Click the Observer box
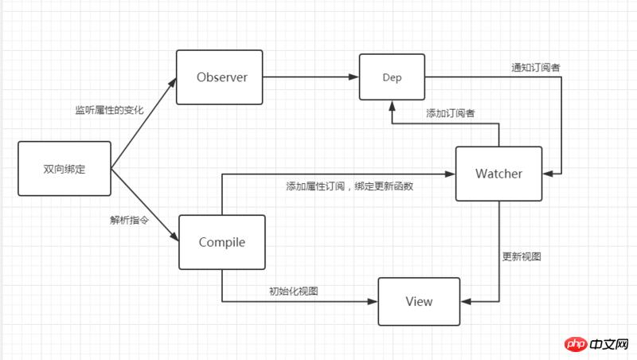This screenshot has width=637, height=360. (221, 77)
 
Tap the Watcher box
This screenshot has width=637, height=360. (498, 174)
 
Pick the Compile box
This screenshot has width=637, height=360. (221, 242)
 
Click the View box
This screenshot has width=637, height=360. (419, 302)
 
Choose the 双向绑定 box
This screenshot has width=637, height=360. (64, 169)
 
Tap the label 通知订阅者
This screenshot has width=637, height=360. (535, 68)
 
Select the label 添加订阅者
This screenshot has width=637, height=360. (451, 114)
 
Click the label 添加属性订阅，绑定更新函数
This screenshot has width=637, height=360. (350, 186)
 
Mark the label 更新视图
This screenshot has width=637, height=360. (522, 256)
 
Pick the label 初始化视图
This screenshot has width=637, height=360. (294, 291)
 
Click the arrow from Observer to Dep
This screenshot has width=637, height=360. (311, 77)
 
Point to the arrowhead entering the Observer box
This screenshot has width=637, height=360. (173, 83)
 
